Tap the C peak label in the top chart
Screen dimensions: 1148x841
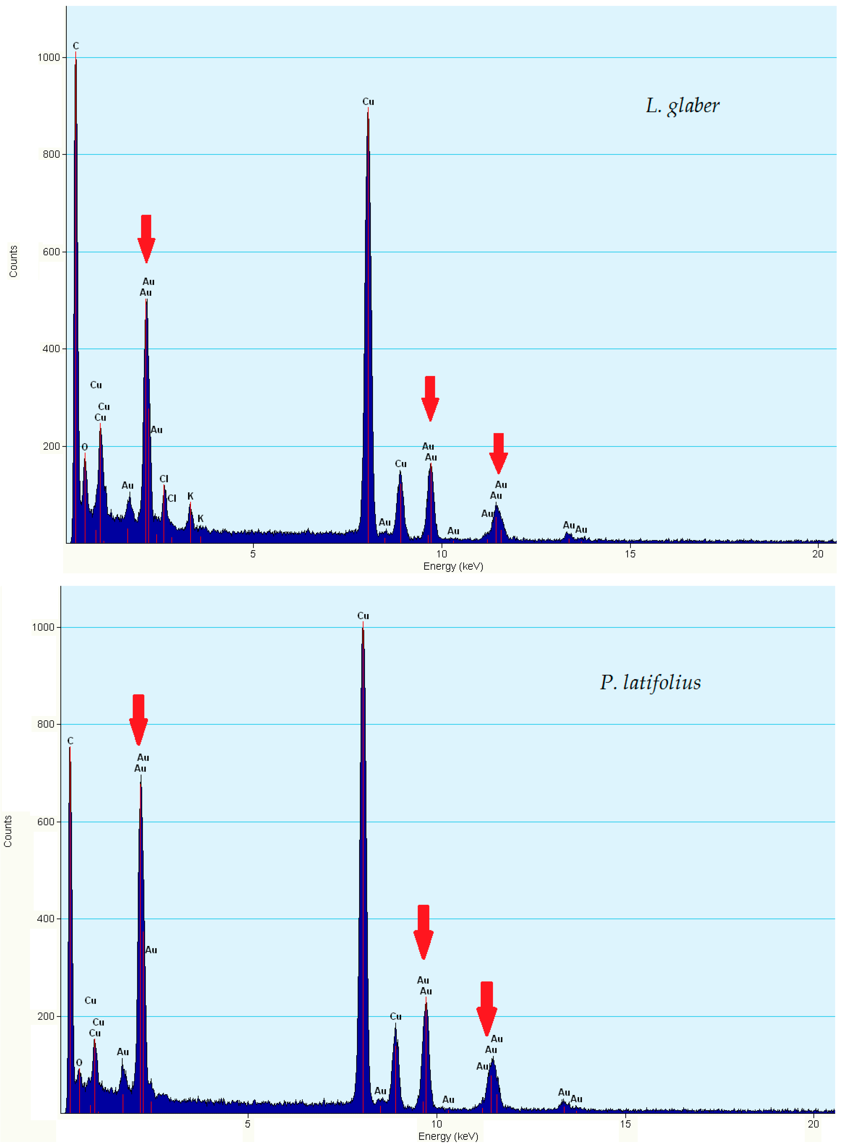point(76,46)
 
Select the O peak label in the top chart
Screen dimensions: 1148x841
point(84,447)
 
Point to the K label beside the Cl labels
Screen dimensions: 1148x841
point(190,496)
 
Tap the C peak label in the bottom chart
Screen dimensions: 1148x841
point(70,741)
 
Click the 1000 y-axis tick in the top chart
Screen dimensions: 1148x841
point(49,58)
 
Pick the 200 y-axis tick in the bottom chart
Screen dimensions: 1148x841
point(46,1016)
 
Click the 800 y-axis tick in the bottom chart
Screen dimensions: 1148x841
point(46,724)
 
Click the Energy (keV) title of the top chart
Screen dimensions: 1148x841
point(453,566)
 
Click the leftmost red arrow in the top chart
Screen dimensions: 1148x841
point(146,238)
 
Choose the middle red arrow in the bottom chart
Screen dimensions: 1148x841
point(423,932)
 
